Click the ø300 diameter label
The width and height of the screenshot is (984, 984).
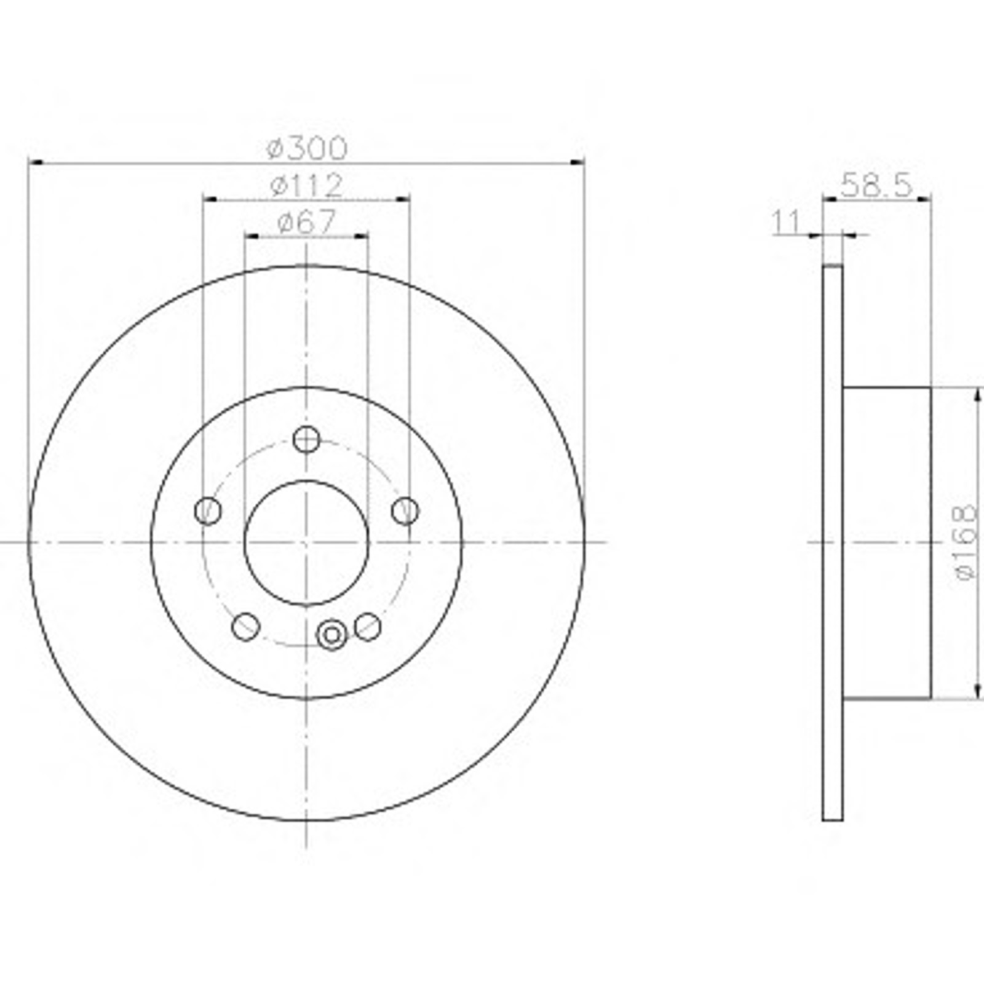307,148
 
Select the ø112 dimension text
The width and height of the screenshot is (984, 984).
306,185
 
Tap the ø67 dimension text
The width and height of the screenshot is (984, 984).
307,222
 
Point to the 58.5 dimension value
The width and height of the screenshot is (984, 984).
876,184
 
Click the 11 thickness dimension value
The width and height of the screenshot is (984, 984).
785,222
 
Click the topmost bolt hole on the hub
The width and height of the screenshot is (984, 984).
306,439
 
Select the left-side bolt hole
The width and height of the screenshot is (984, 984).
208,510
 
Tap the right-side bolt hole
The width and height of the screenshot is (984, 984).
405,510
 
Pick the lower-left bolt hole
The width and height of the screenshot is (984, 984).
245,627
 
